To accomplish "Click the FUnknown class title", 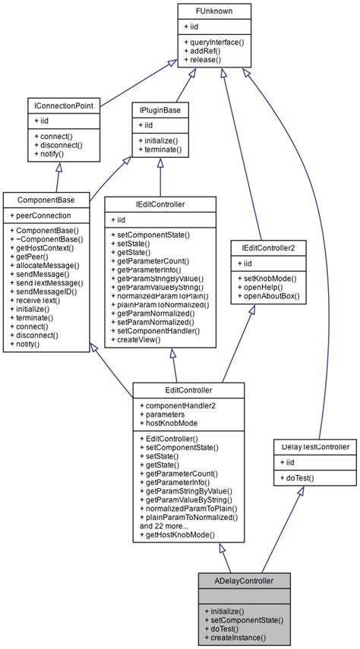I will click(x=216, y=11).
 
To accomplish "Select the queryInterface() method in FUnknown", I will click(x=214, y=43).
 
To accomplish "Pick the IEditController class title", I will click(x=159, y=204).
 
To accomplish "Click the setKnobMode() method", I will click(x=267, y=279).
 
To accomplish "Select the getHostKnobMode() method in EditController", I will click(x=182, y=535).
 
